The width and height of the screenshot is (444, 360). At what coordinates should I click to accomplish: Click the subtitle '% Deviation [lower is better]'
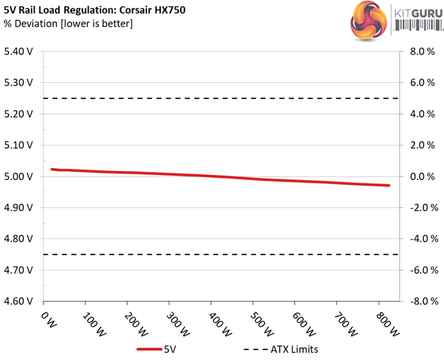click(68, 25)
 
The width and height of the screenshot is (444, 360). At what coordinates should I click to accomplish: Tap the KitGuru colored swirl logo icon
click(367, 21)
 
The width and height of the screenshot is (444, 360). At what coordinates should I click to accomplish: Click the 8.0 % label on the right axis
click(421, 51)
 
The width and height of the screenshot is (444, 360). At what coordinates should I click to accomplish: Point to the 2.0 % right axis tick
click(421, 145)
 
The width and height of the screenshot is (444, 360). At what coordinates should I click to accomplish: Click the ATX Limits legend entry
click(281, 349)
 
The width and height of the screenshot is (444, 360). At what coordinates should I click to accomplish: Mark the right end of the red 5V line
click(388, 186)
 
